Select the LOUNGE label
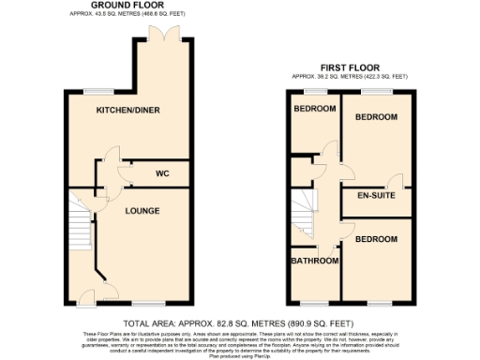[141, 210]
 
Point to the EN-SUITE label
[378, 197]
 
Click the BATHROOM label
[314, 261]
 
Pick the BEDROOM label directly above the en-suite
[375, 117]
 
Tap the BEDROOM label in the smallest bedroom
[314, 109]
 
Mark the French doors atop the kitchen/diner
[172, 33]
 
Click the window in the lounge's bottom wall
[143, 304]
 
